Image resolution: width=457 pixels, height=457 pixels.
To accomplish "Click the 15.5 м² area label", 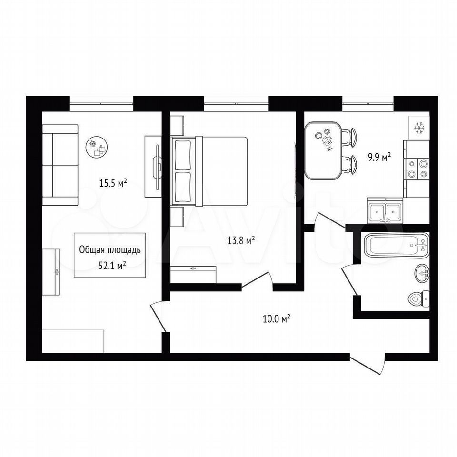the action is (113, 183).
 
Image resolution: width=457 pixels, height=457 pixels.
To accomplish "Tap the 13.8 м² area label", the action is (241, 241).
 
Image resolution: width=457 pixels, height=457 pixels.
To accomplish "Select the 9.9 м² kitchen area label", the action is (379, 158).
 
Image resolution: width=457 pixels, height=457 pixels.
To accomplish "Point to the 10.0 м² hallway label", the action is (276, 318).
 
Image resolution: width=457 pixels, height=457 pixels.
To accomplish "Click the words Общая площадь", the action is (110, 250).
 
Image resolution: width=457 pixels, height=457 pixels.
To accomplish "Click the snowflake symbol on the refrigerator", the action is (419, 128).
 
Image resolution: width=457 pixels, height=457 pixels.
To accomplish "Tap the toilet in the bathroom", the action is (419, 299).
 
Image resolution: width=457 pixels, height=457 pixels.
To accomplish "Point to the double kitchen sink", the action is (385, 211).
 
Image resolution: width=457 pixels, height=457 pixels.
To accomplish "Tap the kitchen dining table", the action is (323, 151).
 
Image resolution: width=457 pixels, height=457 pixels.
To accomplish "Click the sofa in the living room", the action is (60, 165).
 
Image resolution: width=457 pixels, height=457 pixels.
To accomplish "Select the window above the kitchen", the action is (368, 103).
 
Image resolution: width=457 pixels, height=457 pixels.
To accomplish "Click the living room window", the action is (101, 103).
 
